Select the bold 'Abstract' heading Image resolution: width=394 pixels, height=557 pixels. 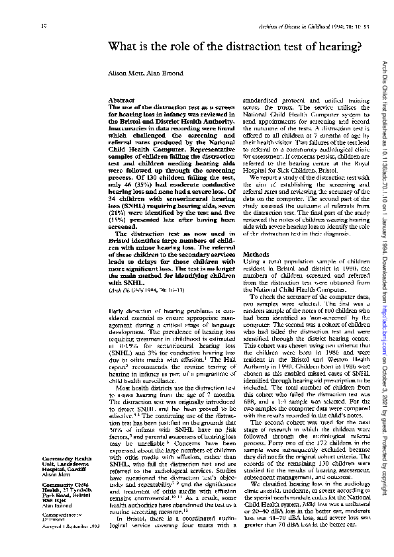(x=121, y=100)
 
